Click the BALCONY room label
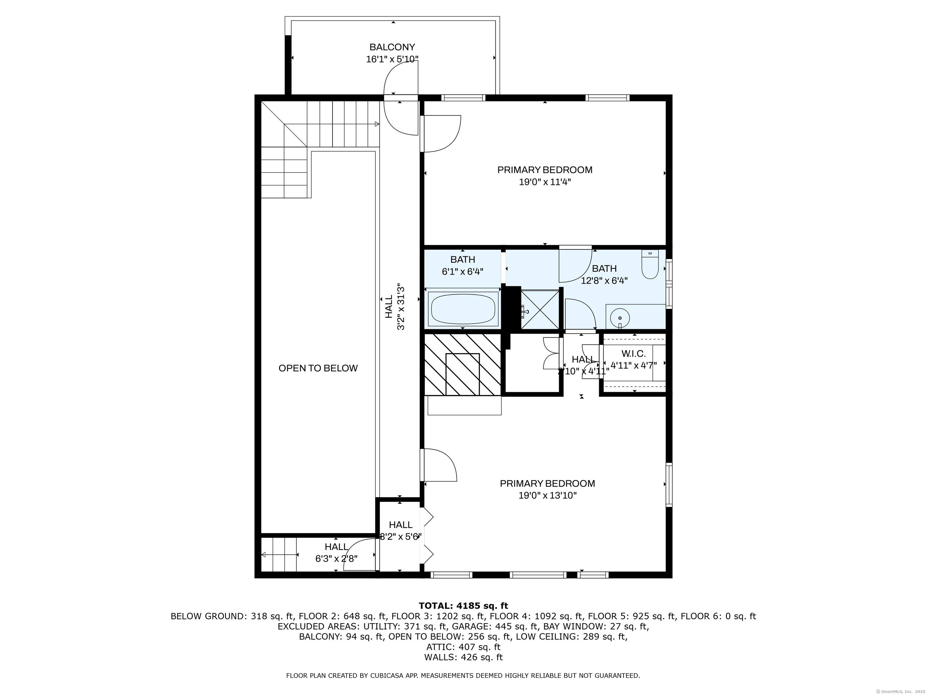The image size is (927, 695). pos(392,47)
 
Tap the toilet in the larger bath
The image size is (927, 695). pos(650,265)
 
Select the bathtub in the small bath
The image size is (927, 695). pos(463,309)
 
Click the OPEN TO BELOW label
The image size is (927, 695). pos(318,368)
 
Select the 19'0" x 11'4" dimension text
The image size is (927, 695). pos(545,182)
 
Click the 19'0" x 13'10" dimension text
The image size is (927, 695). pos(547,496)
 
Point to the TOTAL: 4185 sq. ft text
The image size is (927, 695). pos(463,606)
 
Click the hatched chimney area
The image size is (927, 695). pos(463,364)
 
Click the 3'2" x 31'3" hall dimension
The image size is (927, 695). pos(401,307)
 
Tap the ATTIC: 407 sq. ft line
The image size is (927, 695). pos(463,647)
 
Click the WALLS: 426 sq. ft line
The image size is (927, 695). pos(463,657)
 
